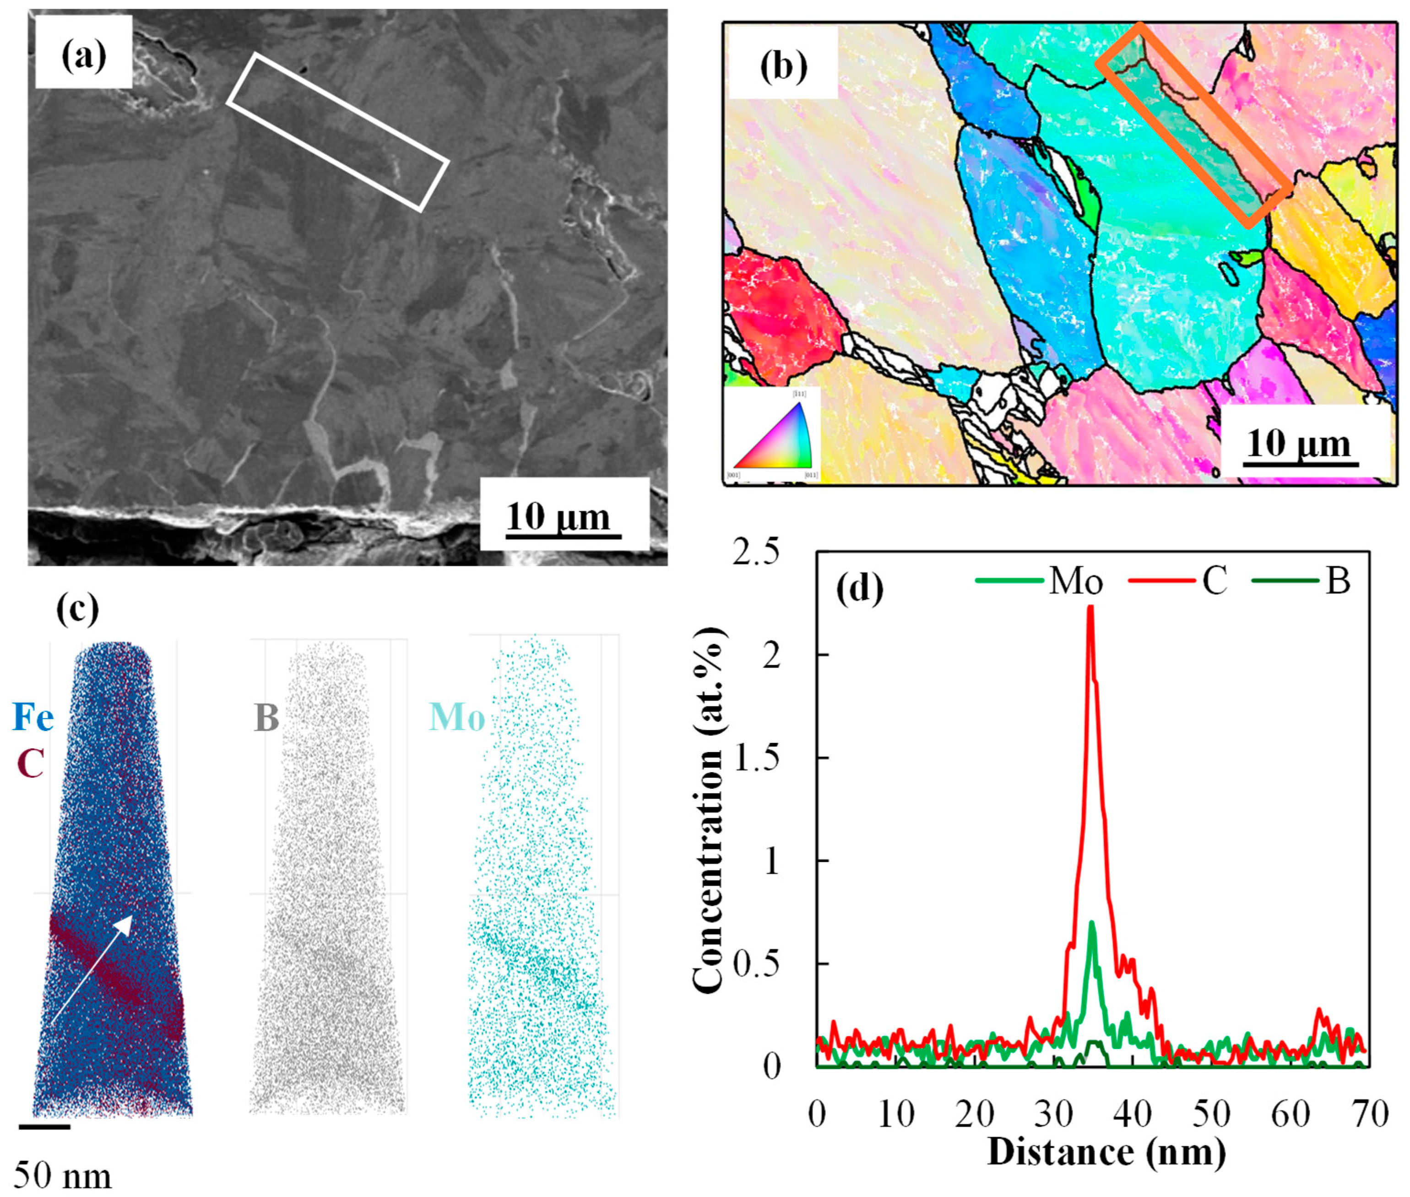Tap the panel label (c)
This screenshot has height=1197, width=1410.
(77, 608)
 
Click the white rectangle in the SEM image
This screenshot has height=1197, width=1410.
(337, 132)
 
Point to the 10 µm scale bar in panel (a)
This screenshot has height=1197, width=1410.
(563, 536)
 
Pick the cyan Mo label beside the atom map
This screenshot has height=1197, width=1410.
(457, 718)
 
